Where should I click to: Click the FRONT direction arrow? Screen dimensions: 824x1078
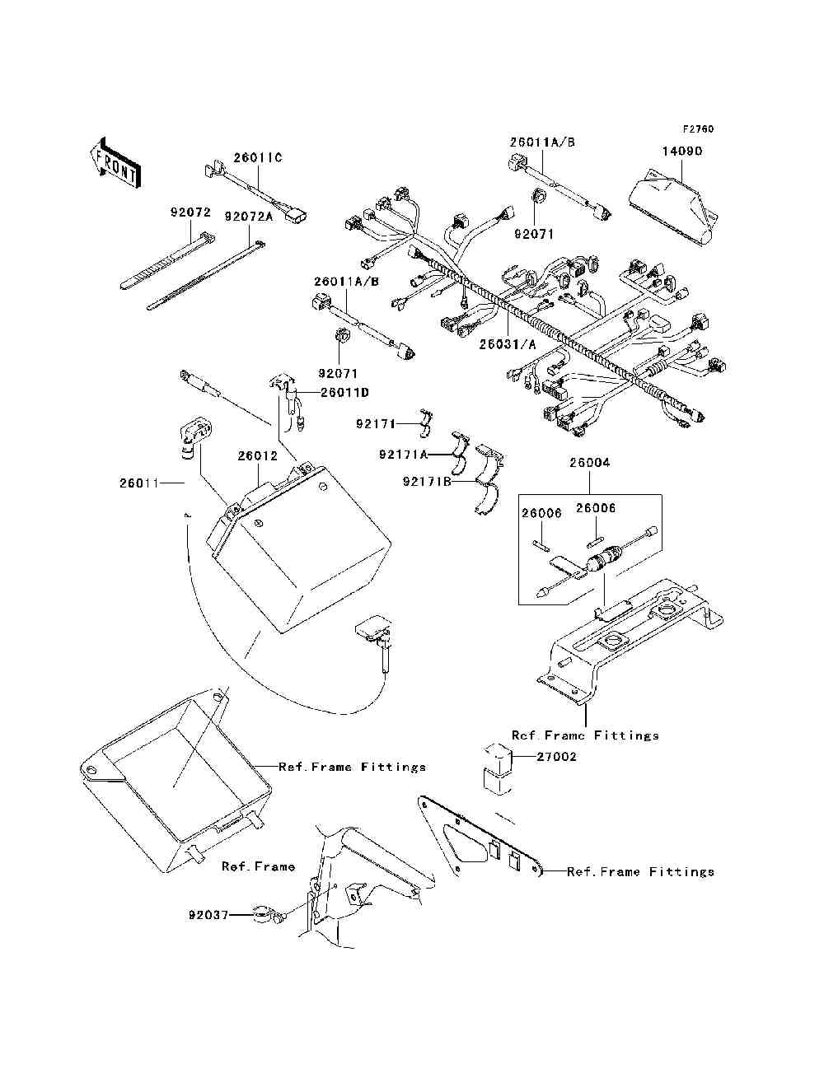115,162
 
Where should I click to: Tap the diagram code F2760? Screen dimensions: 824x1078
698,129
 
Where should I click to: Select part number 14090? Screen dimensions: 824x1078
682,152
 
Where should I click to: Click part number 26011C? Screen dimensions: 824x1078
258,157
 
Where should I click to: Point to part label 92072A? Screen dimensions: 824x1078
249,216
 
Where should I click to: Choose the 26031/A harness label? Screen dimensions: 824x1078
508,344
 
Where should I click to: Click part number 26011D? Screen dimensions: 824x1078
345,392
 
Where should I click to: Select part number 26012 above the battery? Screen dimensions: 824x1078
258,455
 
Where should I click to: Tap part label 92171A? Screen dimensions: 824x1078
404,455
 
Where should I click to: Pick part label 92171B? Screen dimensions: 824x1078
427,482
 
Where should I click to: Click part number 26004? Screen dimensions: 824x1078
590,462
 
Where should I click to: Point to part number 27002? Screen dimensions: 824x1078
556,757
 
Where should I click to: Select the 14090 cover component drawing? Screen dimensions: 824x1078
673,207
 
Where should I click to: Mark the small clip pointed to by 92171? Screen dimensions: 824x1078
425,423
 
